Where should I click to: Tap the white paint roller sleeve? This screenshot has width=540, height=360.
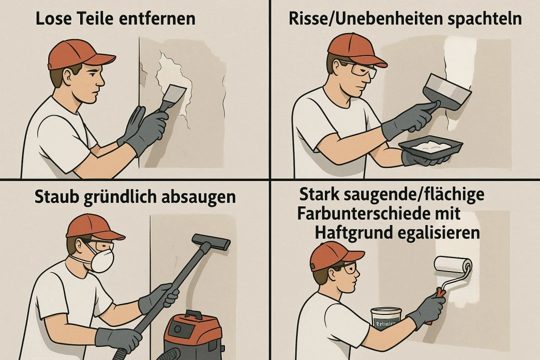coord(453,265)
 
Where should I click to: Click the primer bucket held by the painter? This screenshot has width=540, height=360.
coord(386,319)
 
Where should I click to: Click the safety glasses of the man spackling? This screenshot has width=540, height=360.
coord(362,70)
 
